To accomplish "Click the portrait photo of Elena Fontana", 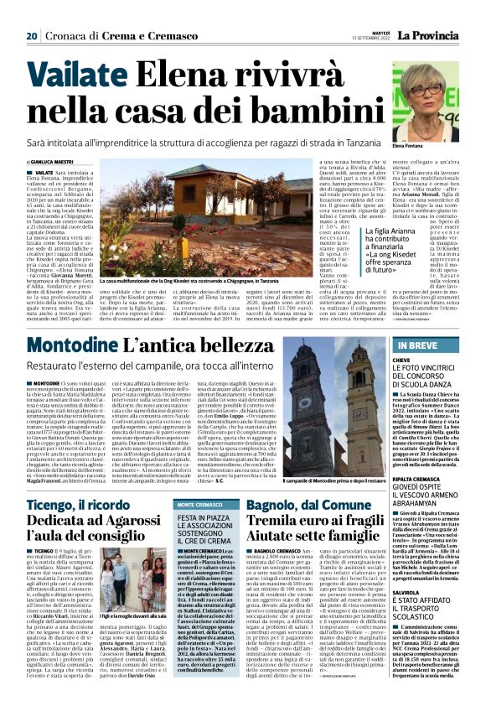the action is click(x=425, y=101).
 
